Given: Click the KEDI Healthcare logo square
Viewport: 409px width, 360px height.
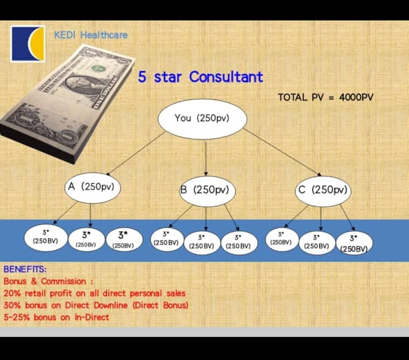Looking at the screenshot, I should point(28,44).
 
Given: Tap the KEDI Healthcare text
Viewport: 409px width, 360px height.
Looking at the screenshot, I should point(91,35).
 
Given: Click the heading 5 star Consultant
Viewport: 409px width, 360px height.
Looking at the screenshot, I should point(200,77).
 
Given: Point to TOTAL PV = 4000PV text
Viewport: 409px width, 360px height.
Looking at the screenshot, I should point(325,97).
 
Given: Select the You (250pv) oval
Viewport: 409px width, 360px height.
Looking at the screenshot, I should point(202,119).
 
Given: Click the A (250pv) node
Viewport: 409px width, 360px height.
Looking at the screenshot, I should point(92,187).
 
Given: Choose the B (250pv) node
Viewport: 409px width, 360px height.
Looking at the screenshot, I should point(206,190).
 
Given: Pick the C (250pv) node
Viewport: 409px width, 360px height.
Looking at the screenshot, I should point(323,190).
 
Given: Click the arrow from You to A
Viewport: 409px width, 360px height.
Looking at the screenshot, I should point(136,153).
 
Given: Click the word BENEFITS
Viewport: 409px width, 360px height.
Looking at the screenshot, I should point(25,270).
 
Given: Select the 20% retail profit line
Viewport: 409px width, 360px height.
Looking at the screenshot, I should point(95,293).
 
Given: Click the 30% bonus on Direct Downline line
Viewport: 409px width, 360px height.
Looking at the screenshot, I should point(96,305).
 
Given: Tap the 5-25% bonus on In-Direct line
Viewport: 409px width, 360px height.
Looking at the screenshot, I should point(56,317).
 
